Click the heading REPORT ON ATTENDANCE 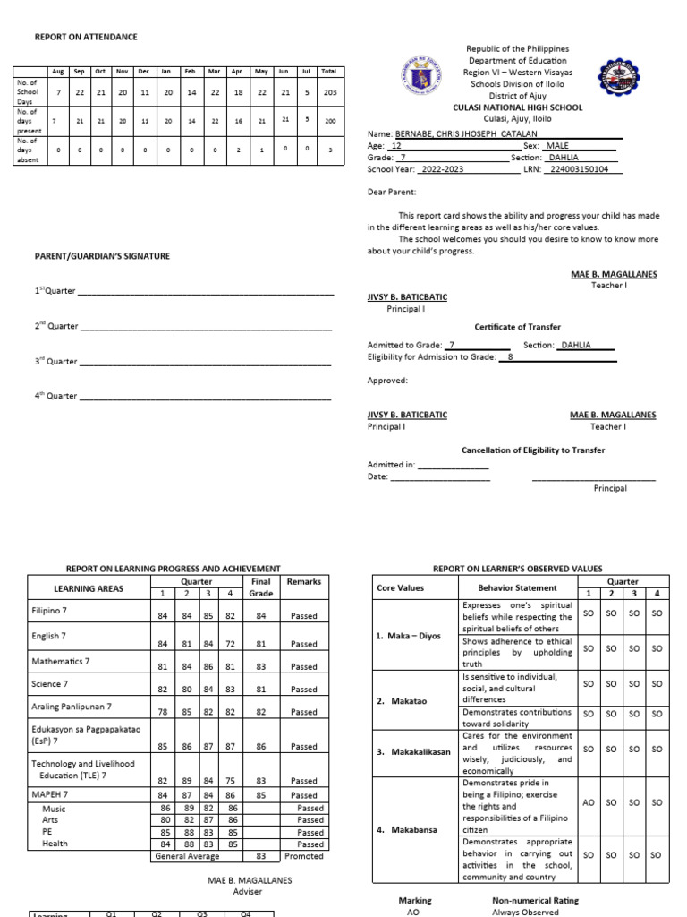86,37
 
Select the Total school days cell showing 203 329,92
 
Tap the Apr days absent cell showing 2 237,150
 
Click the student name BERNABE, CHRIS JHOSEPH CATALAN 466,133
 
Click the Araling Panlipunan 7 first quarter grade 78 163,712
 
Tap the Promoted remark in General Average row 304,856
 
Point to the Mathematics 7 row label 62,661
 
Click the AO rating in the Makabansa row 588,802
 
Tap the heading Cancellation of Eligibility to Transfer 532,450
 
